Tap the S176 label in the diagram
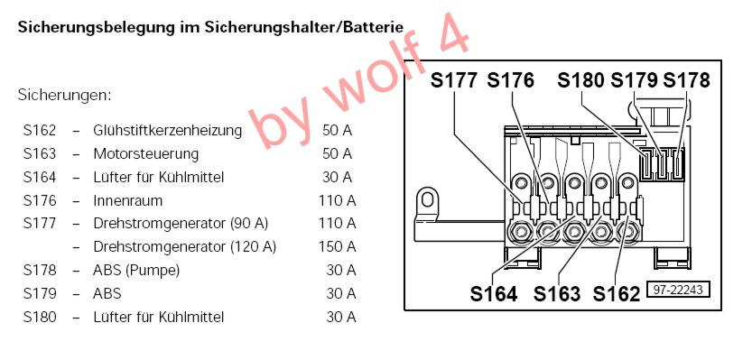click(x=510, y=79)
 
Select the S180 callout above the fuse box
click(x=581, y=79)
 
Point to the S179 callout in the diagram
click(x=635, y=79)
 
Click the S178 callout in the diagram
click(x=686, y=79)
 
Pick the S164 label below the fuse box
click(x=493, y=293)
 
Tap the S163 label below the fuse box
click(x=557, y=293)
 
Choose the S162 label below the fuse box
click(x=617, y=293)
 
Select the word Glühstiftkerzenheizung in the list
click(x=167, y=130)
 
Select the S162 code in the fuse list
click(x=39, y=130)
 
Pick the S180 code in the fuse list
click(x=39, y=317)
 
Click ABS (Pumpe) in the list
click(x=136, y=270)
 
